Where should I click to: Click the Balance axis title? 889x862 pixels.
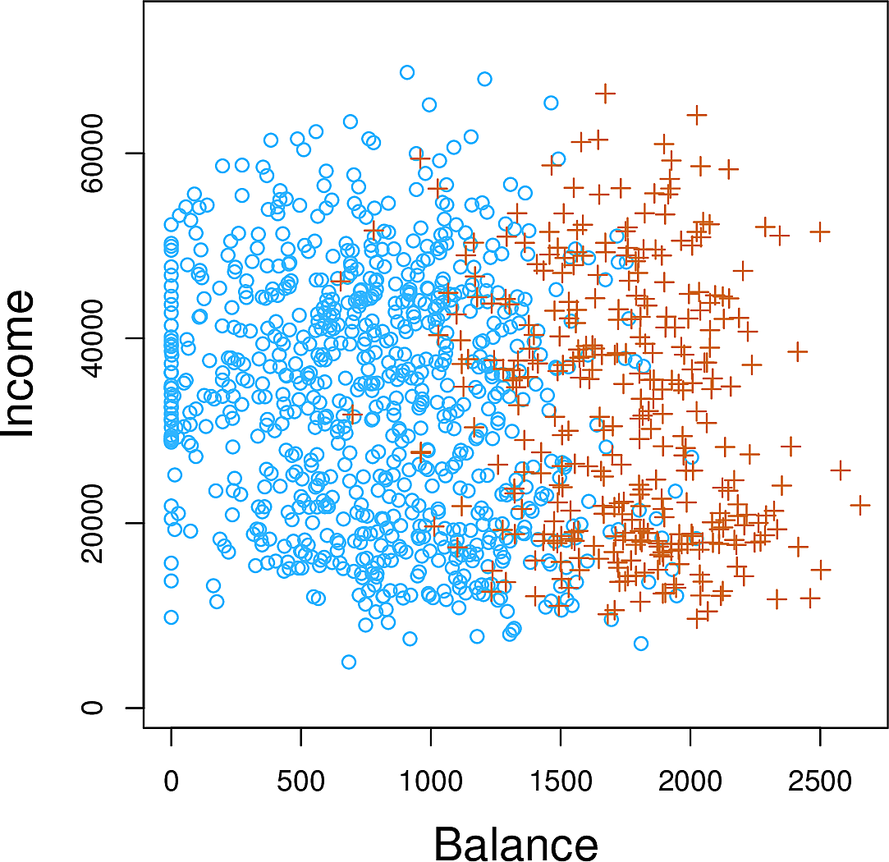[x=516, y=843]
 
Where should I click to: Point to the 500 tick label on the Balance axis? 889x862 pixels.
[x=300, y=782]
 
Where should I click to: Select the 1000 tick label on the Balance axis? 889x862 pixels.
[x=430, y=782]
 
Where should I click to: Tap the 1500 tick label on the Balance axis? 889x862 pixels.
[x=560, y=782]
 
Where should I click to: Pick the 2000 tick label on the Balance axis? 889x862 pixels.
[x=690, y=782]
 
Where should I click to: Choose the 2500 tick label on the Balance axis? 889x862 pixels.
[x=820, y=782]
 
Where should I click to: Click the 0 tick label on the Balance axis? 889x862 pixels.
[x=171, y=782]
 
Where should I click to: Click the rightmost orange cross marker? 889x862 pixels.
[x=860, y=505]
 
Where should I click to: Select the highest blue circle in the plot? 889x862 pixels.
[x=406, y=72]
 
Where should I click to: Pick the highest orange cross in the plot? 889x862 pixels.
[x=605, y=94]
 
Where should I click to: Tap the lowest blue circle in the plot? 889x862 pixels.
[x=349, y=662]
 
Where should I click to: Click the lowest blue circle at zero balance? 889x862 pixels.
[x=171, y=617]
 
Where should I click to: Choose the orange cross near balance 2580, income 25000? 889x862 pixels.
[x=840, y=470]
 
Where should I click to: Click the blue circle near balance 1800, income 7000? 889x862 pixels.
[x=640, y=644]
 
